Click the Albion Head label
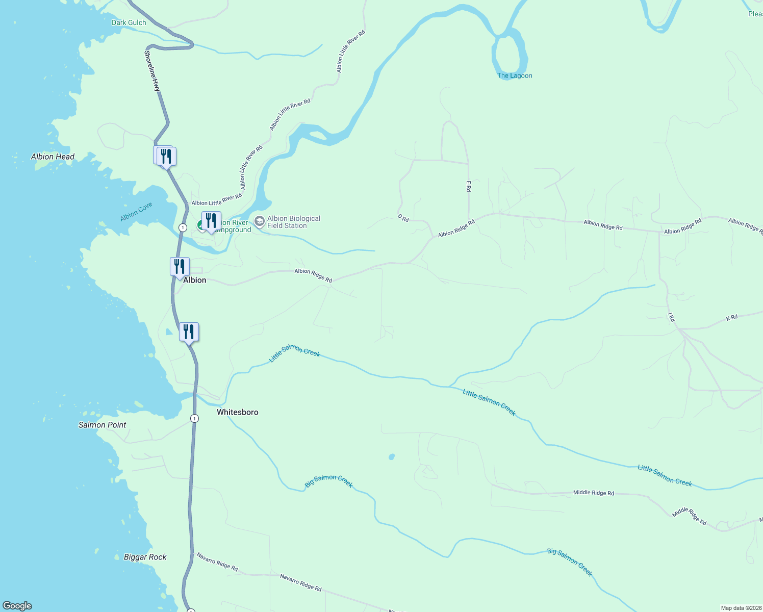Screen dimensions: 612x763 tap(53, 157)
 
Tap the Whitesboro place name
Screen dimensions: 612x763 tap(237, 412)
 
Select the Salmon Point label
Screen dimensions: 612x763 tap(102, 425)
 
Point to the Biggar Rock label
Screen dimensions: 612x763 tap(145, 557)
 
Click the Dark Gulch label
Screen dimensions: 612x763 tap(129, 22)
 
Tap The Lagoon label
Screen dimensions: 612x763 tap(515, 75)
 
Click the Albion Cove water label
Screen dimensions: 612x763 tap(136, 212)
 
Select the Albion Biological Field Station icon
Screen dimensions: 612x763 tap(260, 222)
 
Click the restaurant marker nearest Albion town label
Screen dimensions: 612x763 tap(180, 267)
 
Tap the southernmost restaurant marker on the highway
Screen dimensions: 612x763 tap(189, 332)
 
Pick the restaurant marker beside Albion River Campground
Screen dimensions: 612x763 tap(211, 221)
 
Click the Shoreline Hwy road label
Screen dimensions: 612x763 tap(152, 71)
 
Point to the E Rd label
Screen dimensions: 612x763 tap(468, 186)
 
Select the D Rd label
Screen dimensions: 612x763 tap(403, 218)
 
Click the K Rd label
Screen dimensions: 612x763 tap(731, 318)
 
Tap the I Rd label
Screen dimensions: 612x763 tap(672, 318)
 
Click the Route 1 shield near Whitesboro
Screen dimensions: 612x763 tap(194, 419)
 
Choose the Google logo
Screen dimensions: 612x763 tap(17, 606)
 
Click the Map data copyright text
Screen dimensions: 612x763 tap(741, 608)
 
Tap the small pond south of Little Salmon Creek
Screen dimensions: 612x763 tap(392, 456)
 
